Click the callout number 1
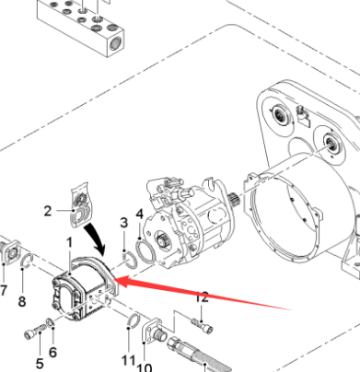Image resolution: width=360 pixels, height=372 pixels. click(67, 242)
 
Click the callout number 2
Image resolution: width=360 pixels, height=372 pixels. click(47, 211)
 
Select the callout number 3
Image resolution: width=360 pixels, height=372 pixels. click(122, 222)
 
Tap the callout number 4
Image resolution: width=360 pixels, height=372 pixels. click(139, 215)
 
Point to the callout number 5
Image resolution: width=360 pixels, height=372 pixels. click(40, 362)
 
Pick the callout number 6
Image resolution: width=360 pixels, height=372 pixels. click(52, 353)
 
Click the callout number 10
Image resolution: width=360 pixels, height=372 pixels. click(145, 366)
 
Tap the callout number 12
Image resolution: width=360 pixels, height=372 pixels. click(202, 296)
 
